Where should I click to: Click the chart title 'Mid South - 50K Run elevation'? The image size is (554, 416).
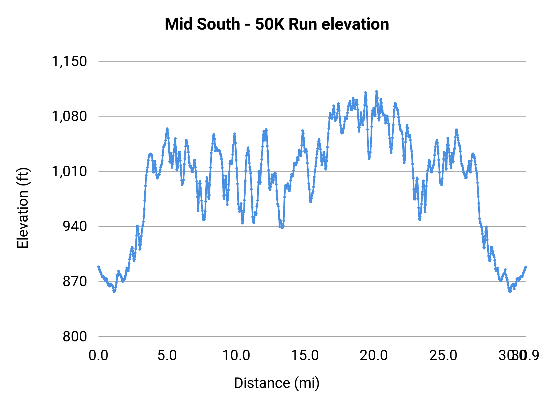point(277,24)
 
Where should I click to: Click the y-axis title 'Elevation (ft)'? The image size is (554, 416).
point(23,208)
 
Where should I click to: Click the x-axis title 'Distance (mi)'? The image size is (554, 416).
point(277,383)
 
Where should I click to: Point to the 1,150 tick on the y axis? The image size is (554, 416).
point(69,61)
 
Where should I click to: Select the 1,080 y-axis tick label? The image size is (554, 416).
point(69,116)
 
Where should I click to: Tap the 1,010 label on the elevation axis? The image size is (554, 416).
point(69,171)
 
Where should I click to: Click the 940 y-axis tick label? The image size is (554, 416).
point(75,226)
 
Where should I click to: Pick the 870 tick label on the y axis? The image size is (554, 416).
point(75,281)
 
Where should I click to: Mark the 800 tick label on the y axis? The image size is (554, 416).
point(75,336)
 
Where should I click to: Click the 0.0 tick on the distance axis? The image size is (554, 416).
point(98,356)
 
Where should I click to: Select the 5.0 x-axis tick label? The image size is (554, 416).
point(167,356)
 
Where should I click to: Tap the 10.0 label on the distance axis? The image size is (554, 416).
point(236,356)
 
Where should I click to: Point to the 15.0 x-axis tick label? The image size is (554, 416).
point(305,356)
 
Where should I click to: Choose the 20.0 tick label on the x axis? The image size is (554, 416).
point(374,356)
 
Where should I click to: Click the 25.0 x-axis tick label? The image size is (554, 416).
point(443,356)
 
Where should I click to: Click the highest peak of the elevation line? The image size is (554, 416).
point(376,91)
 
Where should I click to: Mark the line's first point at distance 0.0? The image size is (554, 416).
point(98,267)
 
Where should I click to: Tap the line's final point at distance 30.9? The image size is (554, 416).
point(526,267)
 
